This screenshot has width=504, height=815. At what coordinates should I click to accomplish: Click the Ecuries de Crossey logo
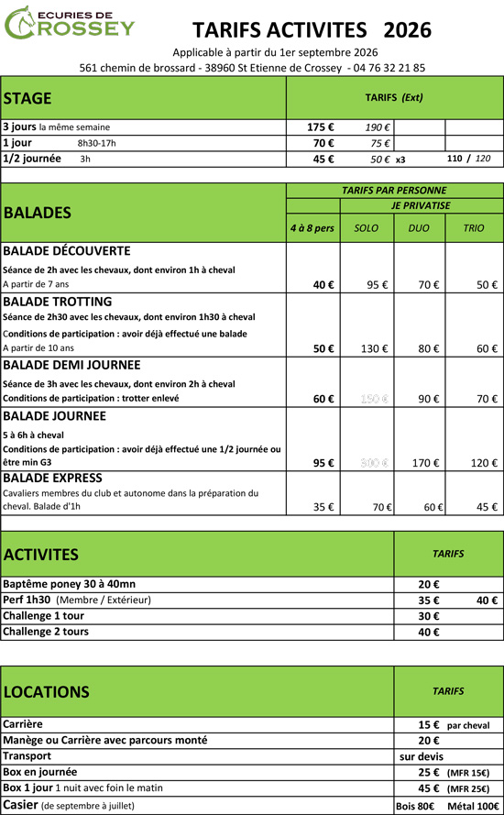(69, 25)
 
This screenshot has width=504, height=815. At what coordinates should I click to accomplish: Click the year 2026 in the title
(408, 30)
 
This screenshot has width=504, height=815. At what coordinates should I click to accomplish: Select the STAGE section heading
(27, 98)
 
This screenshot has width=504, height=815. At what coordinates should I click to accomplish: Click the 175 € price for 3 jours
(321, 127)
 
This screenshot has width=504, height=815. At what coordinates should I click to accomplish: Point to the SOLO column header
(366, 227)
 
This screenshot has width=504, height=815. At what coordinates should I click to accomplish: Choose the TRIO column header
(473, 227)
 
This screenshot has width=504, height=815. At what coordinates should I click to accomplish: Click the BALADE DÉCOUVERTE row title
(67, 250)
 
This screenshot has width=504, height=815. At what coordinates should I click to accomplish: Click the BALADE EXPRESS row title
(58, 479)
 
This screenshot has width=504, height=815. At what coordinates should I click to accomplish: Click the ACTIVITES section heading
(41, 555)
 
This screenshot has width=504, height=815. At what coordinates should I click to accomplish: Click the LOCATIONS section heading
(46, 692)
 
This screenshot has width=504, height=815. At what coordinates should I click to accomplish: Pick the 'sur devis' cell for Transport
(422, 756)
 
